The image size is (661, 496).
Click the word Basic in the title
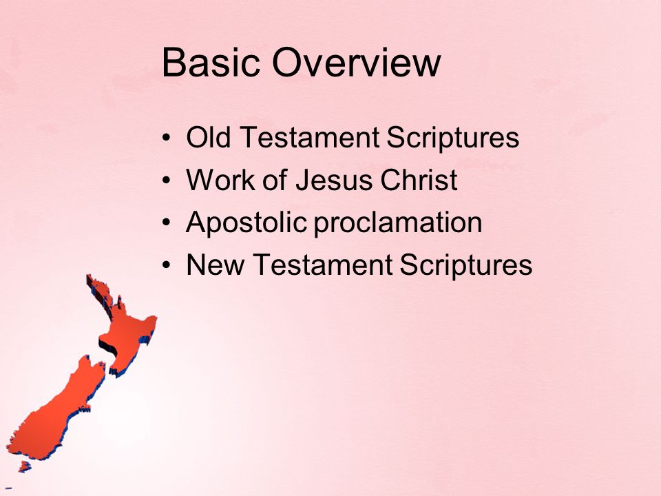coord(211,63)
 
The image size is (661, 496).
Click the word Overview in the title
coord(356,63)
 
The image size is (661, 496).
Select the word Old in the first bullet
coord(208,137)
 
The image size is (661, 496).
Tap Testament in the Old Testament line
coord(309,138)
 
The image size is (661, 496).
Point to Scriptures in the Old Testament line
coord(453,138)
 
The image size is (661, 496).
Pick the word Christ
coord(419,180)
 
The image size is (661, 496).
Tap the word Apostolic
coord(246,223)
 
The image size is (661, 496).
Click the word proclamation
coord(398,223)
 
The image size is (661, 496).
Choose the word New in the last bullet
coord(215,265)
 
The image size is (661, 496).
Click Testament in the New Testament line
coord(322,265)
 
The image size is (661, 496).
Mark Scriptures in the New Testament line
coord(466,266)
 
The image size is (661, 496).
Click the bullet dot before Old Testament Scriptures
coord(167,138)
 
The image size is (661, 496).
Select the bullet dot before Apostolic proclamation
coord(167,223)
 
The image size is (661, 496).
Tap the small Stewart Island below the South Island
coord(25,466)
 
